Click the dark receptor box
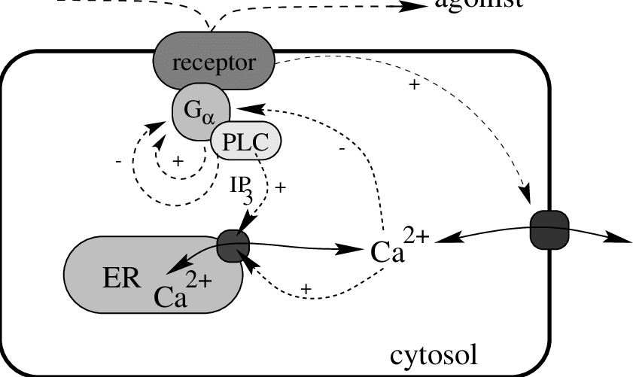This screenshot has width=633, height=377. (x=214, y=62)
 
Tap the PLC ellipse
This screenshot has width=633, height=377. (x=245, y=141)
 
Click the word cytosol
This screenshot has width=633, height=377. (x=433, y=354)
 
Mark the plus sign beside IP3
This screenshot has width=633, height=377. (x=282, y=188)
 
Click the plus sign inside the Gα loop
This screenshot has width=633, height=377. (x=178, y=161)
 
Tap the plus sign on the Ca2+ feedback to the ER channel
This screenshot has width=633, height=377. (x=306, y=289)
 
